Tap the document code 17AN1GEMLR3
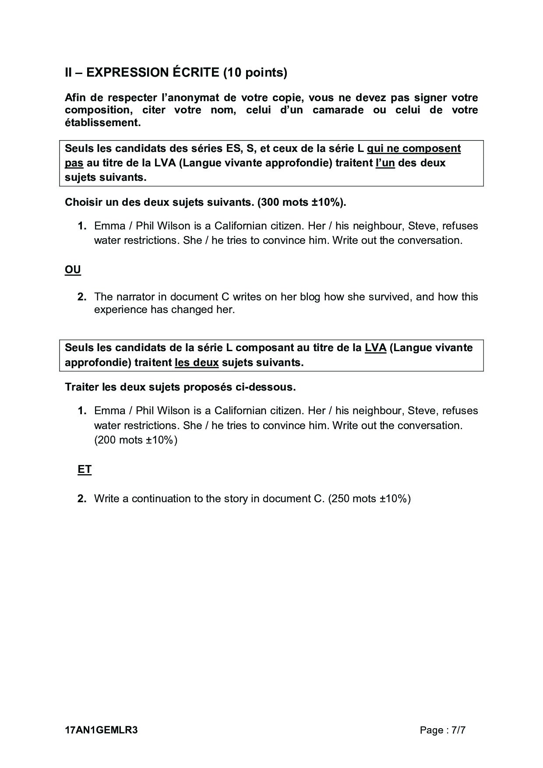pyautogui.click(x=101, y=730)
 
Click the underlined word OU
pyautogui.click(x=73, y=269)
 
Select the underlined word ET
pyautogui.click(x=85, y=469)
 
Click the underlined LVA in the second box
pyautogui.click(x=375, y=348)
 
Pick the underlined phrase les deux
pyautogui.click(x=197, y=363)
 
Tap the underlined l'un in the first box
pyautogui.click(x=385, y=163)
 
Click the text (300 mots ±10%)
pyautogui.click(x=302, y=202)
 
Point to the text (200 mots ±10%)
pyautogui.click(x=136, y=440)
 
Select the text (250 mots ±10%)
pyautogui.click(x=369, y=499)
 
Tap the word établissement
pyautogui.click(x=102, y=123)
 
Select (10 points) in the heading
pyautogui.click(x=255, y=72)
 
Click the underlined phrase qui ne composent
pyautogui.click(x=414, y=148)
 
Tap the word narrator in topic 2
pyautogui.click(x=135, y=297)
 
